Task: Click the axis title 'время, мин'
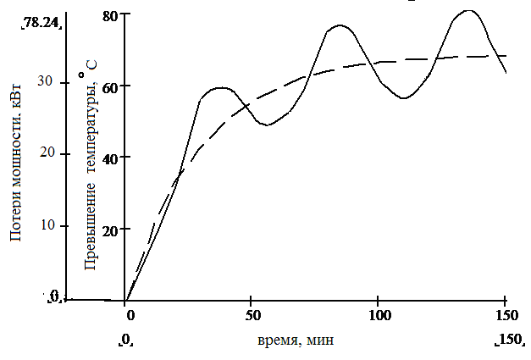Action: pos(296,341)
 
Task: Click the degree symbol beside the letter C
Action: pos(81,75)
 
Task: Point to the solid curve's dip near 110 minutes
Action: pos(404,98)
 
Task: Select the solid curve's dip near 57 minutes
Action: pos(267,125)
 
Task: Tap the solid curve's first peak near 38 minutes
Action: pos(221,87)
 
